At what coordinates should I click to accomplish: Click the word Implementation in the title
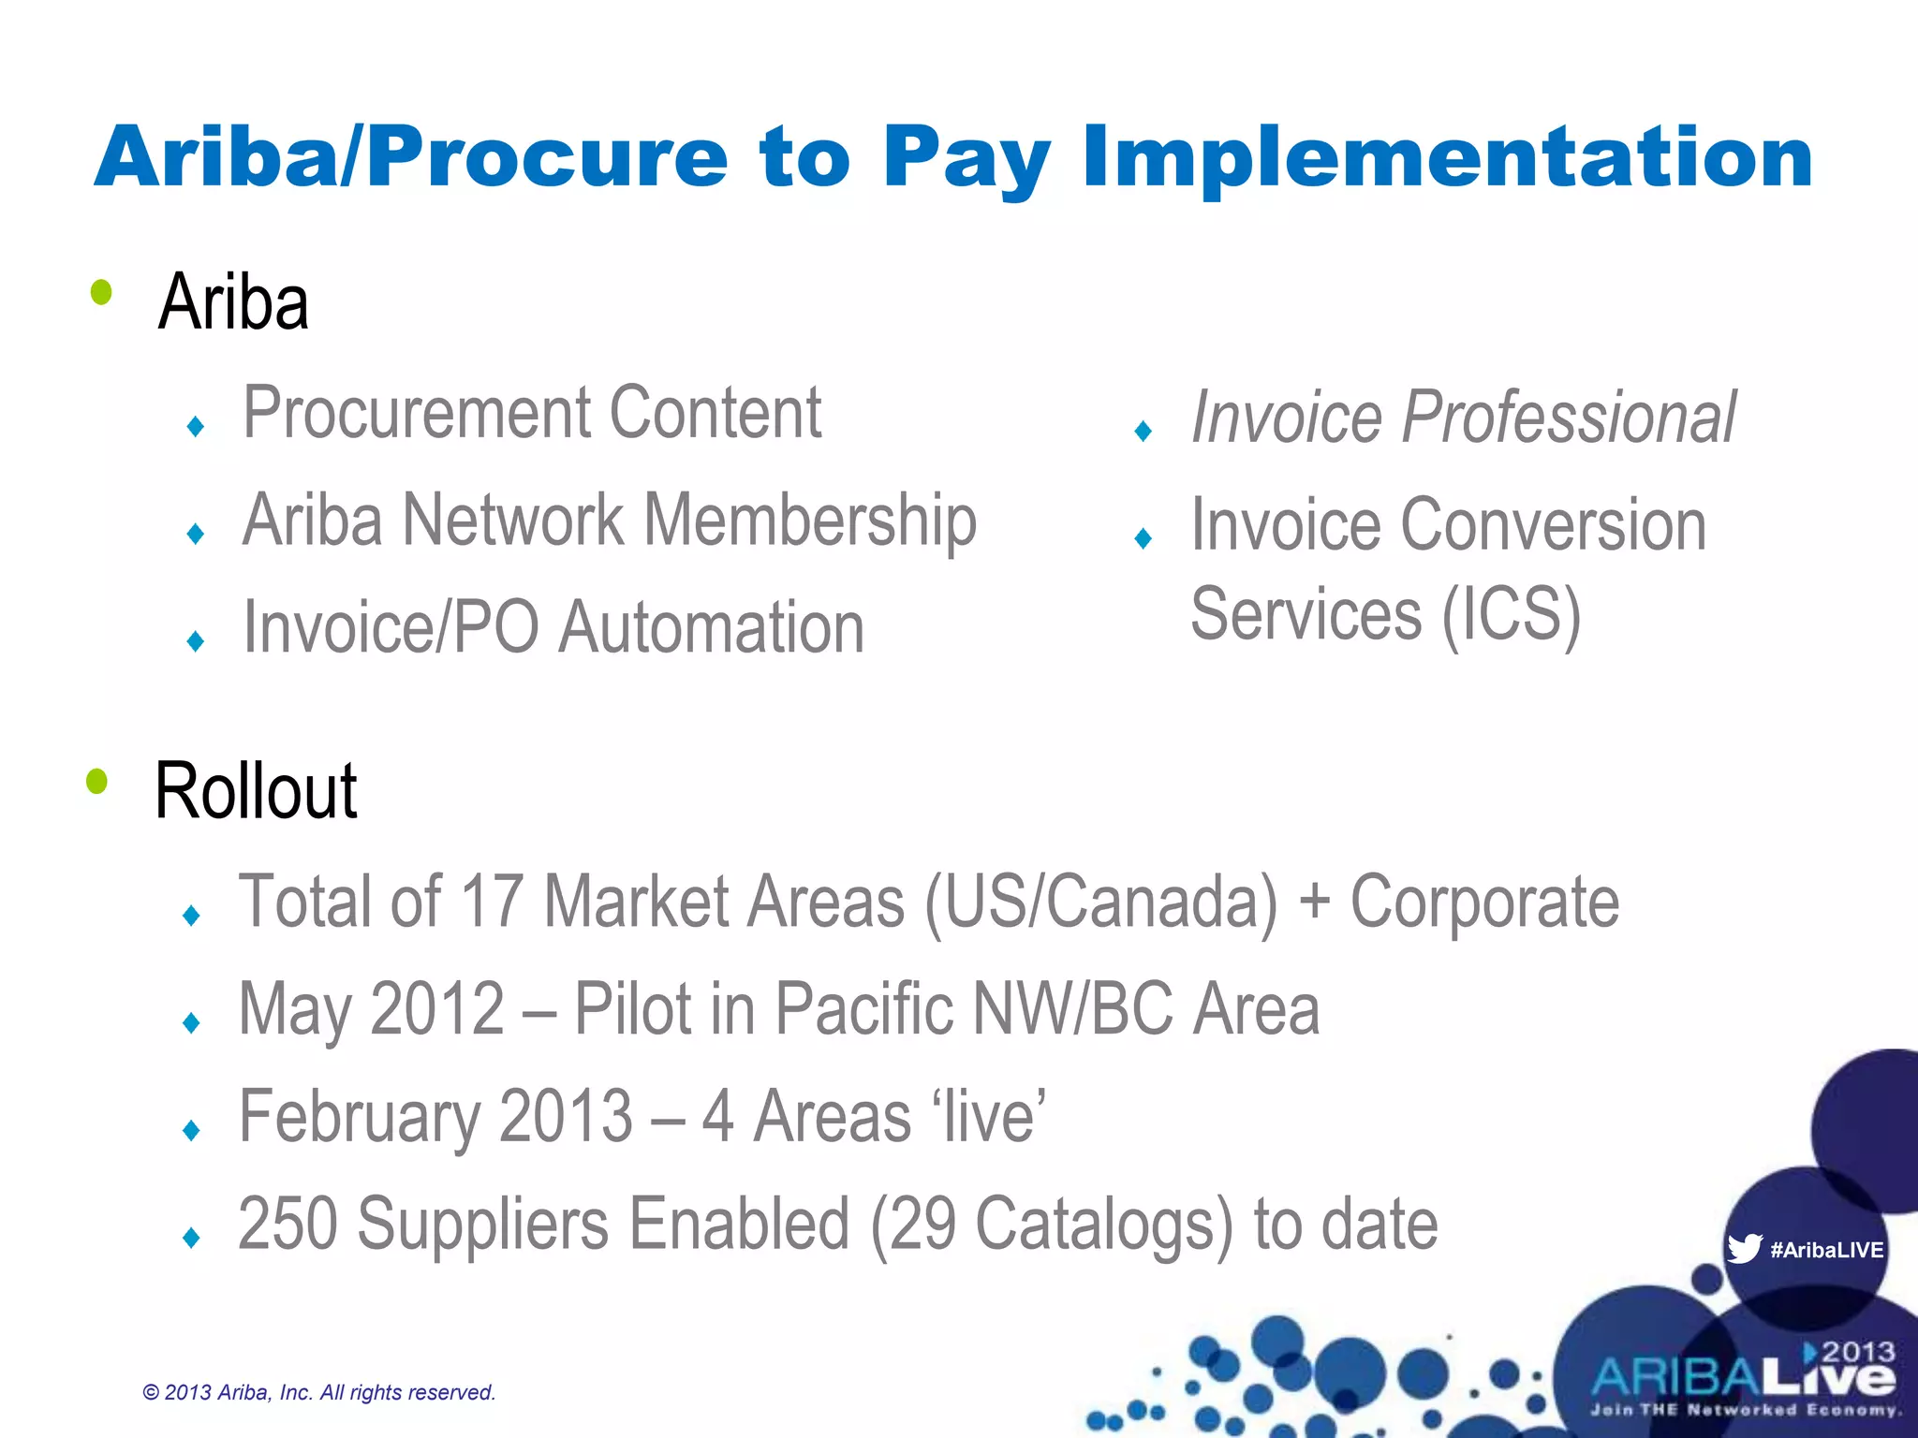pyautogui.click(x=1447, y=157)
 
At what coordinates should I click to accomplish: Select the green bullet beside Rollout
pyautogui.click(x=97, y=781)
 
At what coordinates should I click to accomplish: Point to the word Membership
pyautogui.click(x=810, y=521)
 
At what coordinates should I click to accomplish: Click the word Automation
pyautogui.click(x=712, y=627)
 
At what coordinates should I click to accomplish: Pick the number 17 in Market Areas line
pyautogui.click(x=491, y=902)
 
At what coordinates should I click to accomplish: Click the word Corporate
pyautogui.click(x=1484, y=902)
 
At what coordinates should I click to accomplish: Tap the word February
pyautogui.click(x=360, y=1116)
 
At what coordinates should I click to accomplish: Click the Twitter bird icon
pyautogui.click(x=1744, y=1249)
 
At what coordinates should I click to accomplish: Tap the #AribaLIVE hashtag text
pyautogui.click(x=1826, y=1250)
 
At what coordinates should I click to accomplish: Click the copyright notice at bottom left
pyautogui.click(x=318, y=1392)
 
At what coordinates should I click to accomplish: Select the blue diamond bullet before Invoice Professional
pyautogui.click(x=1143, y=432)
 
